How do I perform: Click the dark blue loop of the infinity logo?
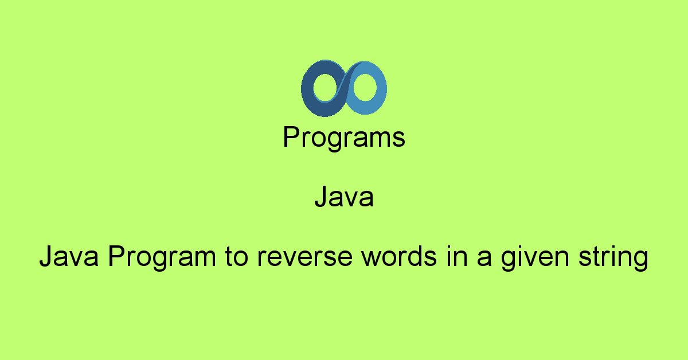(x=307, y=89)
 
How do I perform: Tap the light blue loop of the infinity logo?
(x=381, y=88)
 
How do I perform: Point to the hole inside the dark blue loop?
(x=326, y=88)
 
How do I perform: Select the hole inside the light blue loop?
(x=365, y=87)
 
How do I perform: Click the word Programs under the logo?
(x=344, y=138)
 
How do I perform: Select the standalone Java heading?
(x=344, y=197)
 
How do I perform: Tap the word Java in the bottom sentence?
(x=69, y=256)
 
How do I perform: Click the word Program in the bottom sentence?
(x=162, y=258)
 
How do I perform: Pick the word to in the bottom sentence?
(x=236, y=257)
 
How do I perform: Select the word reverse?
(x=304, y=258)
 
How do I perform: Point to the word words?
(x=399, y=256)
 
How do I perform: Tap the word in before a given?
(x=457, y=256)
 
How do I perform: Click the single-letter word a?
(x=484, y=258)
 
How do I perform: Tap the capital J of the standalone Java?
(x=321, y=197)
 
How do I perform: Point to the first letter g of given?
(x=509, y=261)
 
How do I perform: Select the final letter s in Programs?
(x=398, y=139)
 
